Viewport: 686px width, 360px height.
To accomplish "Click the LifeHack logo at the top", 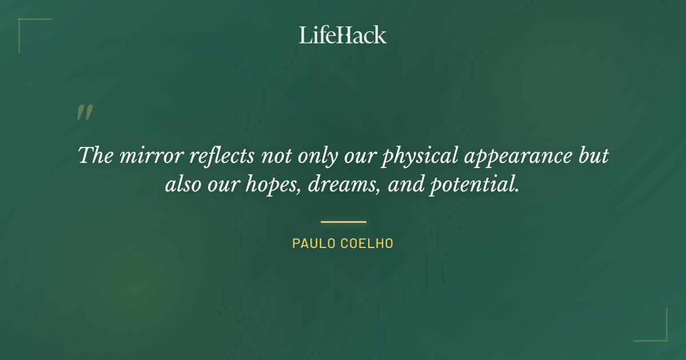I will [343, 35].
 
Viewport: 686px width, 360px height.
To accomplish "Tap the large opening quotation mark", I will [85, 113].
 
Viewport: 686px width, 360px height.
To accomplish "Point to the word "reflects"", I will [216, 156].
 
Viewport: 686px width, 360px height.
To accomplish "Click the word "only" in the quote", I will [325, 156].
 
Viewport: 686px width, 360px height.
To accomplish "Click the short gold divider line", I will [343, 222].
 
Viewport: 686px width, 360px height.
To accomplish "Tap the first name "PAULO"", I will [313, 243].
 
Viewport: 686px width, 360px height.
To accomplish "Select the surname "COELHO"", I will [368, 243].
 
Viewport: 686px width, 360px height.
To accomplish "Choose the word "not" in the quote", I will [277, 156].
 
